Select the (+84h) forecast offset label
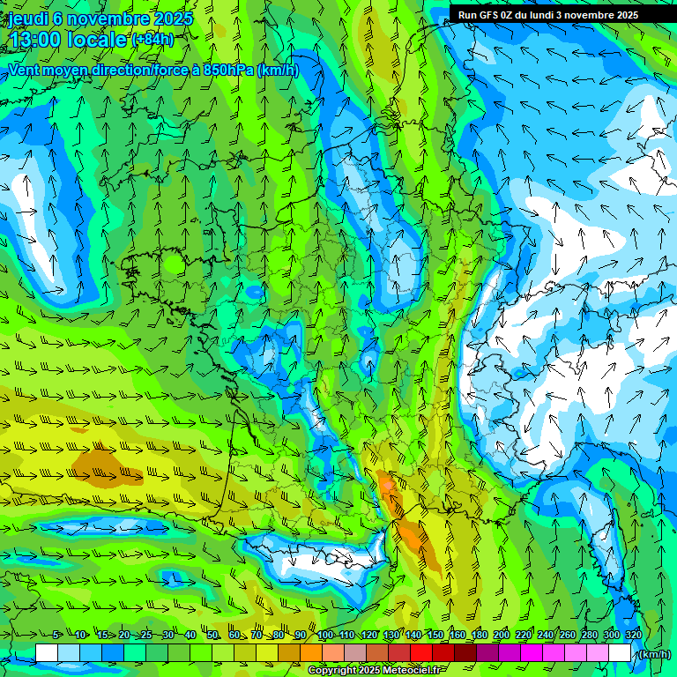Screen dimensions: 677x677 click(153, 39)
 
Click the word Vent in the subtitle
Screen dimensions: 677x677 click(26, 70)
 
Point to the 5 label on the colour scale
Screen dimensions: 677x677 click(56, 635)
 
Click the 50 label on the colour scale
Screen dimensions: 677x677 click(212, 635)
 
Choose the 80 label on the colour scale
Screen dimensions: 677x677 click(279, 635)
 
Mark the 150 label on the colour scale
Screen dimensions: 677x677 click(434, 635)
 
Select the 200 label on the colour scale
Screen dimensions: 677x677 click(501, 635)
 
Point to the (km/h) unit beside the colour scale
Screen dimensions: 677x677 click(655, 653)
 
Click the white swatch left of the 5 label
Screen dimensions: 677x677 click(47, 652)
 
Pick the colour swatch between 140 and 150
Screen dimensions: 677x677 click(422, 652)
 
